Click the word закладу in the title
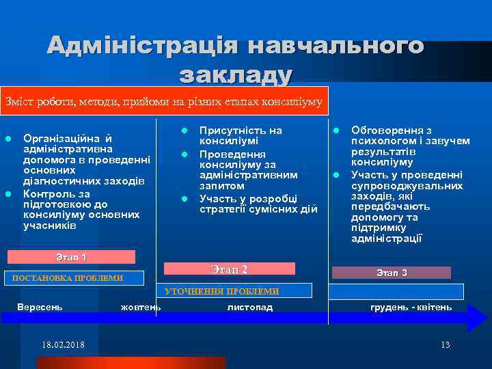(235, 74)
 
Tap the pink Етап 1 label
(71, 258)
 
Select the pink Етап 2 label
(230, 269)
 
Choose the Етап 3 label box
(392, 273)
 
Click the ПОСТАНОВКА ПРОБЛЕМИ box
(72, 278)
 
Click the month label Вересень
(40, 307)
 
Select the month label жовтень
(141, 307)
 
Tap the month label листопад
(250, 307)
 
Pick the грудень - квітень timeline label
(411, 307)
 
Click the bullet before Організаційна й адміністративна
(9, 139)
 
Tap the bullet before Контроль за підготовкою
(9, 194)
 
